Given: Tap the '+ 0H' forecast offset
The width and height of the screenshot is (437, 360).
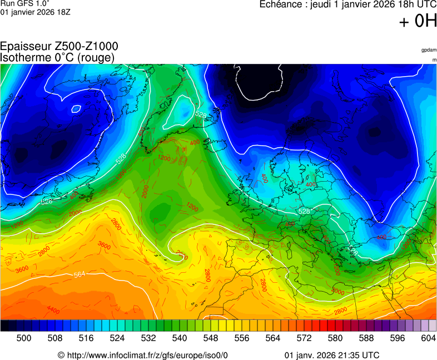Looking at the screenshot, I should [x=418, y=22].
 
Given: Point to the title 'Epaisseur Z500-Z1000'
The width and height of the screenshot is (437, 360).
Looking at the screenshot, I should [x=59, y=47].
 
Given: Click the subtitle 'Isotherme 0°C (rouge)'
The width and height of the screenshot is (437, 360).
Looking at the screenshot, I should [x=57, y=57].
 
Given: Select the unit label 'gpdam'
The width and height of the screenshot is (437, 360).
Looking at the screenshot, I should [x=429, y=50].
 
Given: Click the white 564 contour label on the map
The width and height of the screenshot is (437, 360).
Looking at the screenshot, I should [x=80, y=274].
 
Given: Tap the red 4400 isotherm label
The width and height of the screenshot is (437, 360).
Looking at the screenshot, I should [x=53, y=310].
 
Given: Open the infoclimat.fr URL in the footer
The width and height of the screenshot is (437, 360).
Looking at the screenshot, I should [x=143, y=355].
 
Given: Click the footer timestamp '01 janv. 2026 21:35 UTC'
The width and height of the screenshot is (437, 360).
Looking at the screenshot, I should [x=332, y=355].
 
